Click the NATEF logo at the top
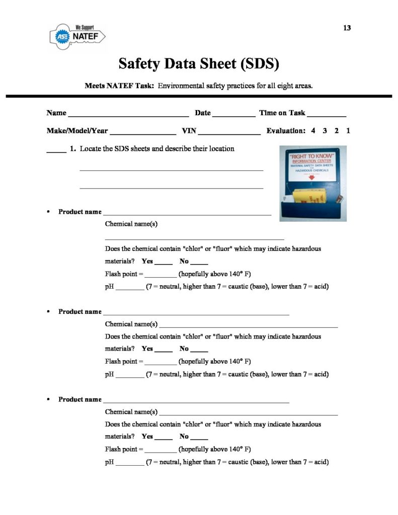tap(77, 36)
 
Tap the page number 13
tap(347, 28)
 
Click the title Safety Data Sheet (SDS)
tap(198, 63)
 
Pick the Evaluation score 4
tap(313, 131)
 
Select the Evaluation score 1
tap(348, 131)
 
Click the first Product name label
tap(79, 212)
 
